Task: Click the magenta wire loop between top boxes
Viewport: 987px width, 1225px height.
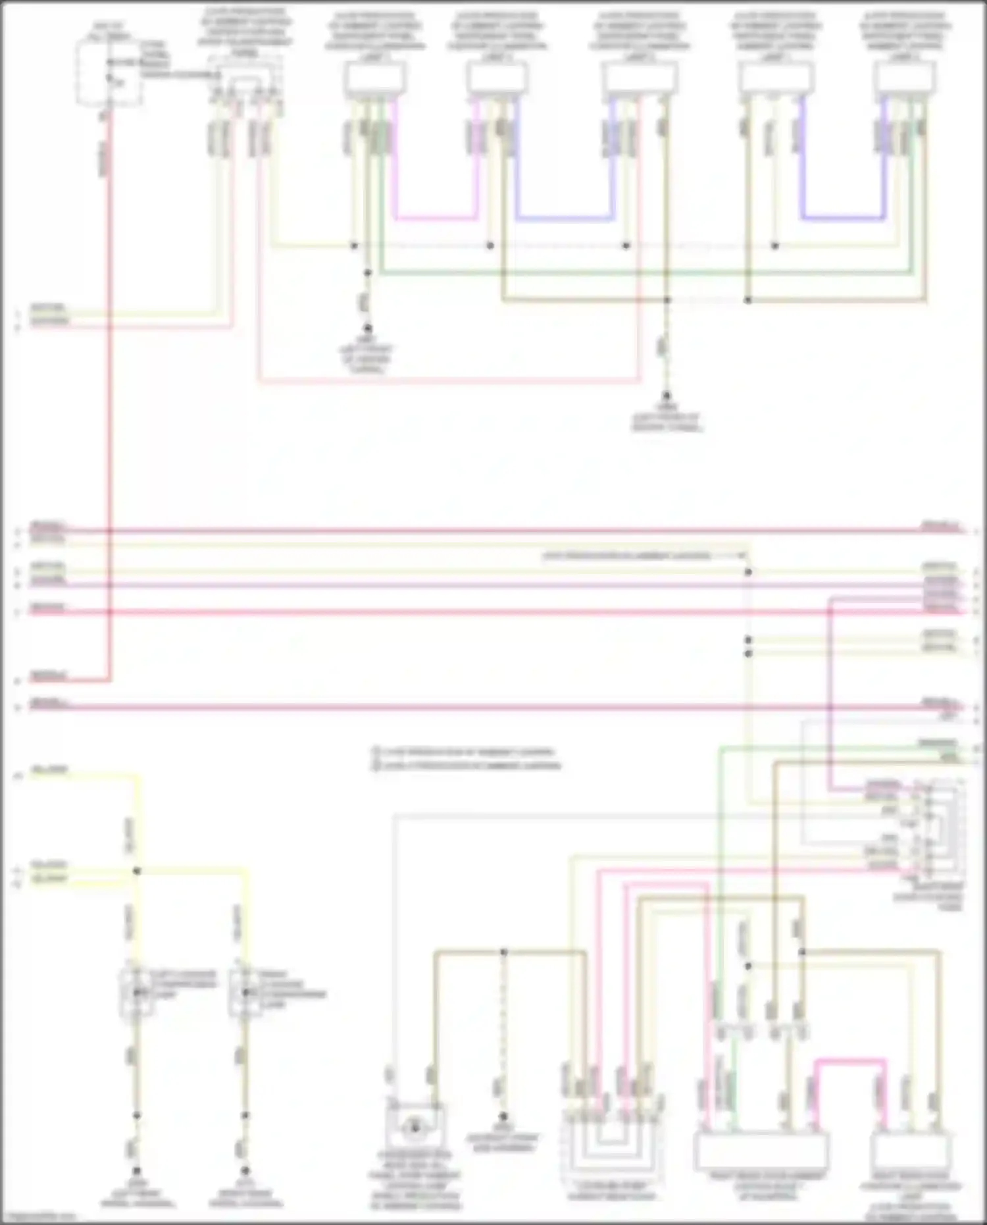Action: point(436,217)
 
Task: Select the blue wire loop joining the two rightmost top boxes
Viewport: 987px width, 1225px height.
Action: point(843,217)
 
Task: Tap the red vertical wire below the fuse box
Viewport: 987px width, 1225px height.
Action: point(109,395)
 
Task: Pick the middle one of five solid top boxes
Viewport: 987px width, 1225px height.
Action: point(640,79)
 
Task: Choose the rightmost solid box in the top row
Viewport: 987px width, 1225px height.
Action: point(905,79)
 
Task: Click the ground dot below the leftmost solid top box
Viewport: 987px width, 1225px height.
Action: point(368,328)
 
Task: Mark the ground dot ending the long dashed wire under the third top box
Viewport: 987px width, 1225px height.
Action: point(666,396)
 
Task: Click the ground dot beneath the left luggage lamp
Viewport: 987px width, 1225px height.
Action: point(137,1171)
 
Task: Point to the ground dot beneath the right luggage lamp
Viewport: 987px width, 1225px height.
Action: point(245,1171)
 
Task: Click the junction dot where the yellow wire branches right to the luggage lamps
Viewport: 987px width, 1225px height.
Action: point(137,871)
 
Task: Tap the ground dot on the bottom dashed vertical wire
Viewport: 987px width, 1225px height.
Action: point(503,1116)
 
